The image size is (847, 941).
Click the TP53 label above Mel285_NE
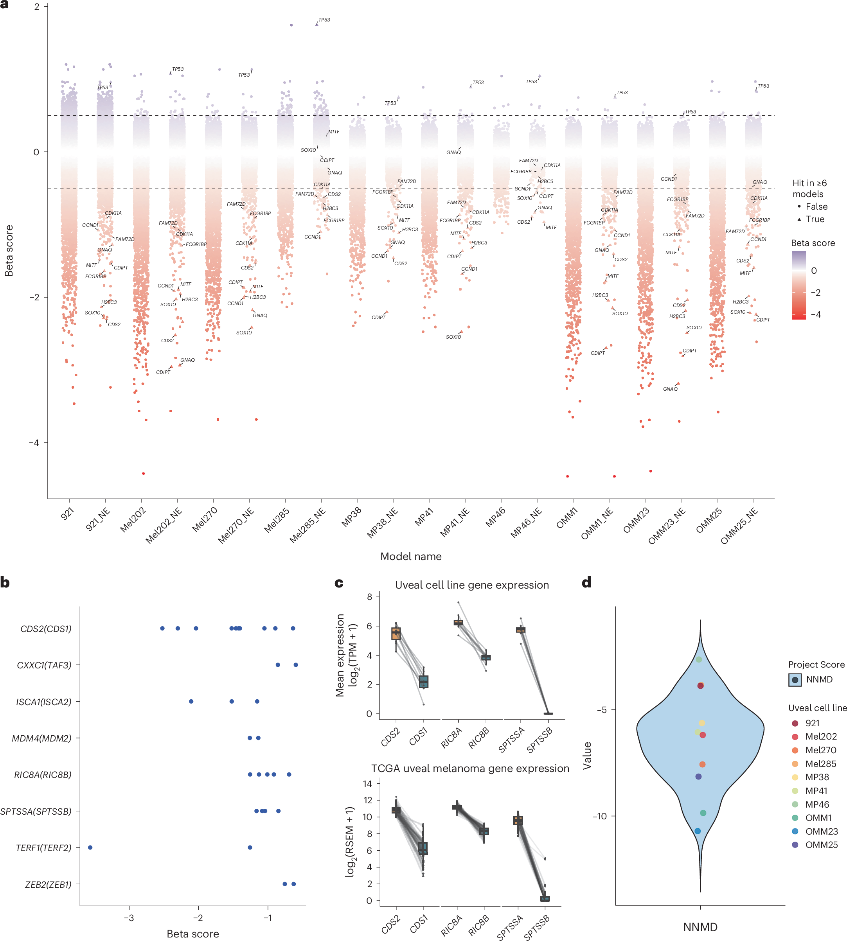pos(324,20)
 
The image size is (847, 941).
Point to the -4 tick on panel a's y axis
pos(34,442)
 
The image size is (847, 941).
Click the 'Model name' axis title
pos(410,556)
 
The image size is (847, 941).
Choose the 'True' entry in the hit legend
pos(815,219)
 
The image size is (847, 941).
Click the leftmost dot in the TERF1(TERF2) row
pos(90,848)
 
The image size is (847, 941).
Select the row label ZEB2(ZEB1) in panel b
pos(48,884)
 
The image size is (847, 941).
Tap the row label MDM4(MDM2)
pos(41,738)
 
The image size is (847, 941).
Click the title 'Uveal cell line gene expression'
pos(471,585)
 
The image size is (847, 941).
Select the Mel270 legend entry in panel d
pos(820,750)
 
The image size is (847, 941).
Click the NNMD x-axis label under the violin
pos(700,927)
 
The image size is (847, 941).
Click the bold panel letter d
pos(586,582)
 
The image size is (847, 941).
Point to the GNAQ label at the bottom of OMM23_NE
pos(670,389)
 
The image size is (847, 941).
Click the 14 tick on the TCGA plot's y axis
pos(367,784)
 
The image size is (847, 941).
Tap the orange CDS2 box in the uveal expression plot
pos(396,634)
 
